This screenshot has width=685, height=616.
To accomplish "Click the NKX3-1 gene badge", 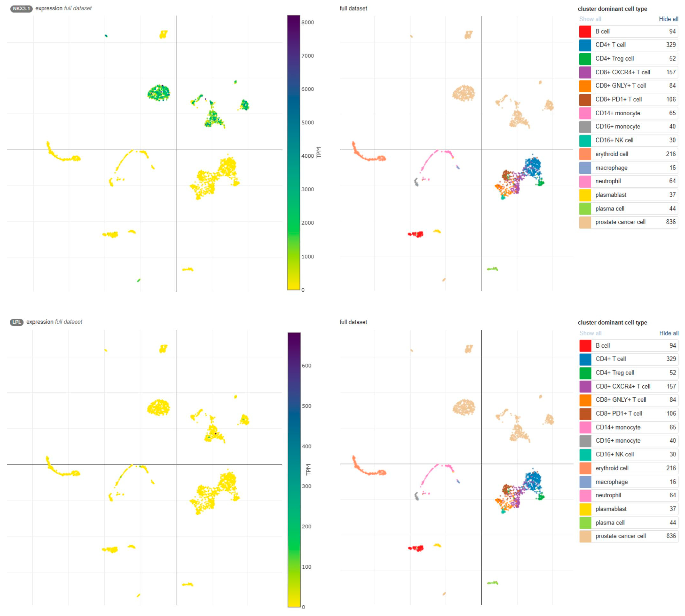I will [21, 8].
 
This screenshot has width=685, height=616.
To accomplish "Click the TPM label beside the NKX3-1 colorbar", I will [318, 152].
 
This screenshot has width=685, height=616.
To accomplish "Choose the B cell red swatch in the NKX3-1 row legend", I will [585, 31].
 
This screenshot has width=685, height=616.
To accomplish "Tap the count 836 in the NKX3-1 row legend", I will [670, 222].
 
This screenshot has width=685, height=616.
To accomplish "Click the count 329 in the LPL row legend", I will [671, 359].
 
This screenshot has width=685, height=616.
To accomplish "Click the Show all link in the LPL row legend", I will [590, 333].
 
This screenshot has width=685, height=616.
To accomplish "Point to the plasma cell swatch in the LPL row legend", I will [585, 523].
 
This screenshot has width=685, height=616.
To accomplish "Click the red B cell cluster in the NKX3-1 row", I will [417, 234].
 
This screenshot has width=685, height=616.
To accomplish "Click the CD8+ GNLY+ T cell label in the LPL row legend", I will [621, 400].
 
